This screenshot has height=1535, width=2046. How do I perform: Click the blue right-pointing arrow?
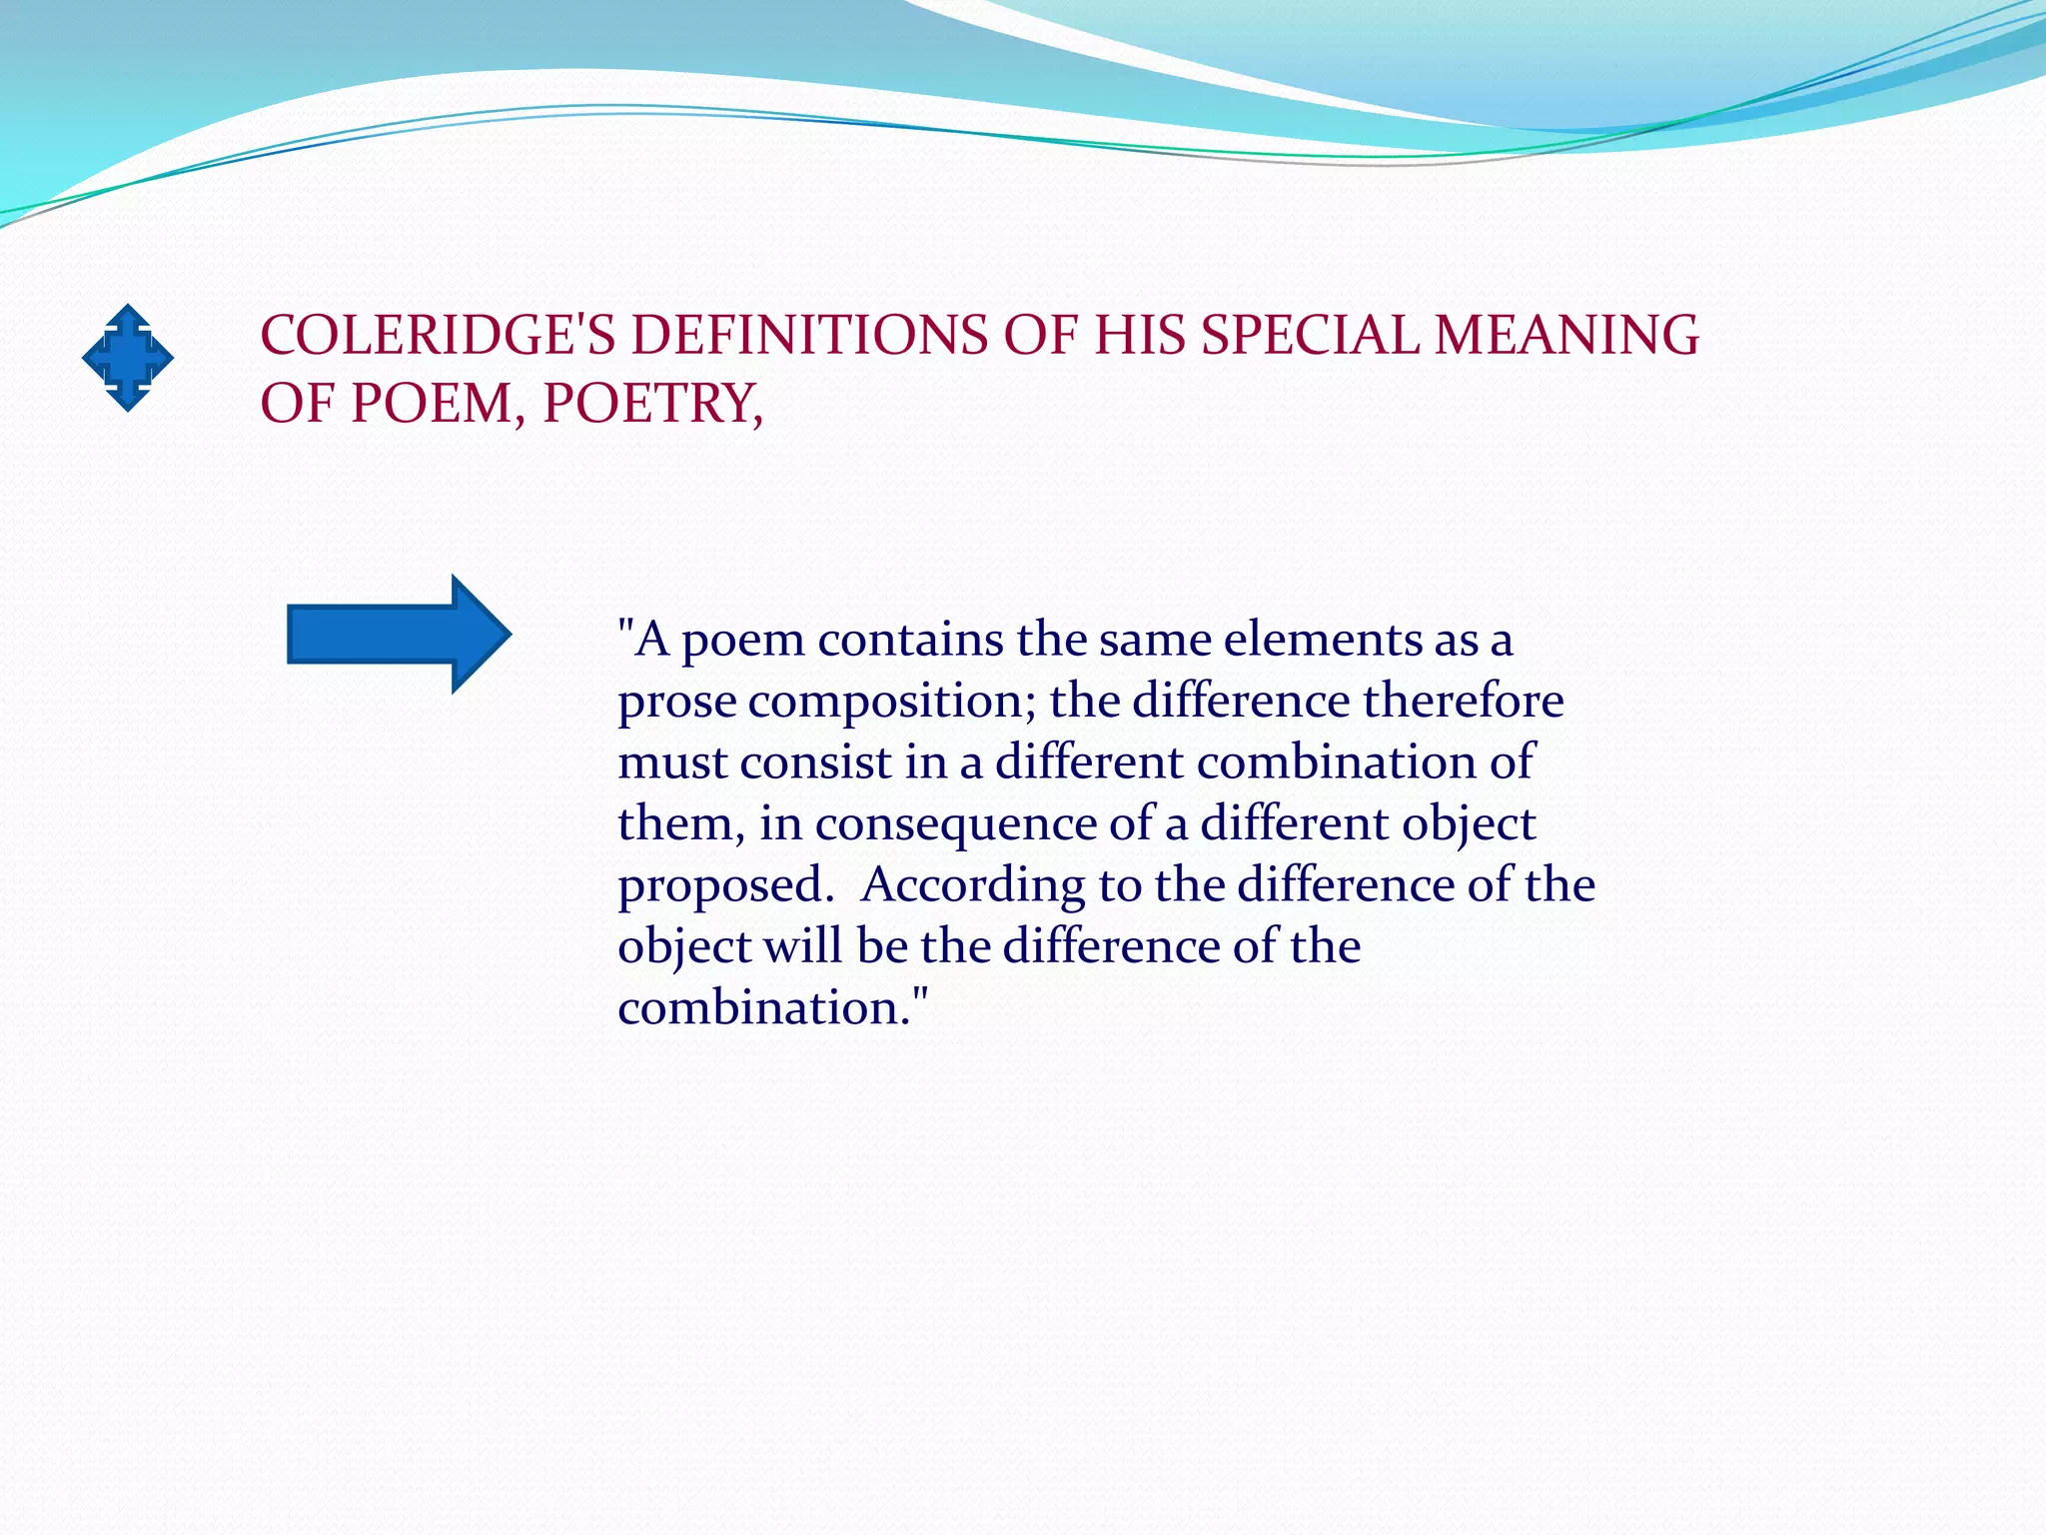(x=399, y=634)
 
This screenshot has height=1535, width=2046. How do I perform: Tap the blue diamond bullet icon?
(x=128, y=358)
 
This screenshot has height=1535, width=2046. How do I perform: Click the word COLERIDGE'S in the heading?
(x=438, y=335)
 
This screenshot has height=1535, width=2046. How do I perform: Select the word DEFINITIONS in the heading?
(x=808, y=335)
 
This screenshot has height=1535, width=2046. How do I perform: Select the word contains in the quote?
(x=910, y=640)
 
